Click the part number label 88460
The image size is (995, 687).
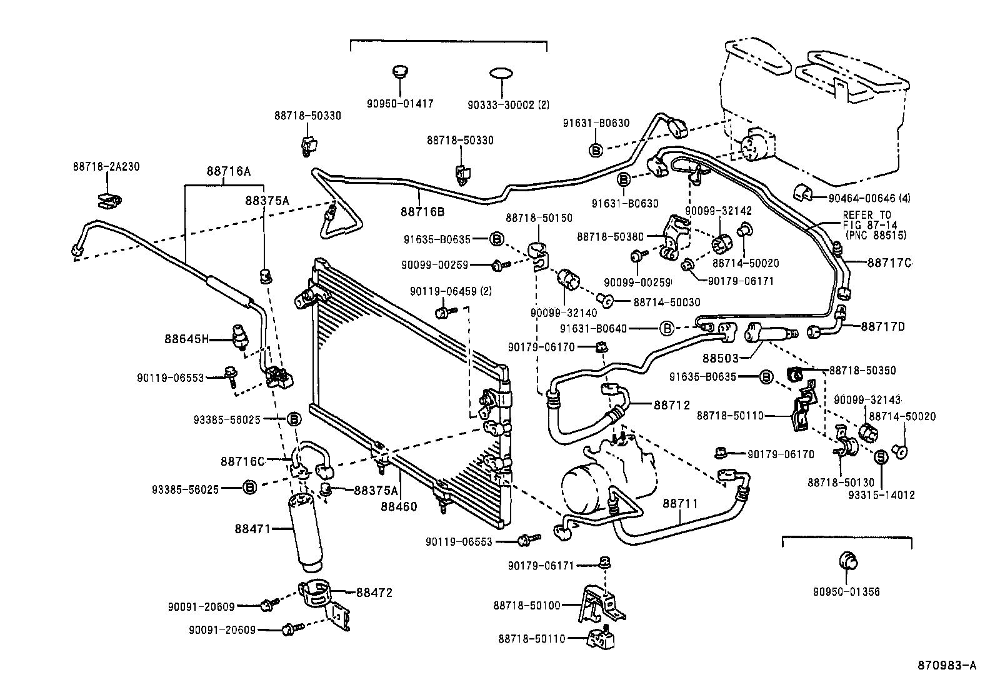tap(399, 506)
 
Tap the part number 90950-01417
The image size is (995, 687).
tap(401, 104)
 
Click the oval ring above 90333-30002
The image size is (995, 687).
tap(502, 74)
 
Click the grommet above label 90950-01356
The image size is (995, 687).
tap(847, 561)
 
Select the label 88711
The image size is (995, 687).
tap(681, 503)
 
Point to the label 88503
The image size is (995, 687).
tap(720, 359)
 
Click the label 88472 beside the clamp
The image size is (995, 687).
tap(374, 593)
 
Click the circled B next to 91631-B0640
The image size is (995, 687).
tap(667, 328)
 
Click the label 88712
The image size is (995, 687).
tap(672, 405)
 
